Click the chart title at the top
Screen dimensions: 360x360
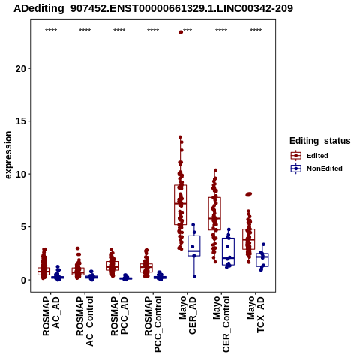tap(153, 9)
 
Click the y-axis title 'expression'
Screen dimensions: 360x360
tap(8, 155)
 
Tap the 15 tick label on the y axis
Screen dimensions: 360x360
tap(21, 121)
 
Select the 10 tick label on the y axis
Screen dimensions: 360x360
tap(21, 174)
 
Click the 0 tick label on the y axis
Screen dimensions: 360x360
tap(23, 280)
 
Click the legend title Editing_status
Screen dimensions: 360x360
tap(320, 141)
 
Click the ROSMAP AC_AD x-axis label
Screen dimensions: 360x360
tap(51, 316)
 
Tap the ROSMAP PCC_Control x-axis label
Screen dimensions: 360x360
tap(153, 324)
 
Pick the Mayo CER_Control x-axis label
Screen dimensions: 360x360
tap(221, 324)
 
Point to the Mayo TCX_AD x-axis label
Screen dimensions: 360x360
tap(256, 314)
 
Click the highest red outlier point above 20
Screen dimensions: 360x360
tap(181, 32)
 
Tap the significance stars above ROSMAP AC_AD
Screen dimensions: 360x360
tap(51, 31)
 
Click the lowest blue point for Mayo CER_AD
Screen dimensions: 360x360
tap(195, 276)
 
